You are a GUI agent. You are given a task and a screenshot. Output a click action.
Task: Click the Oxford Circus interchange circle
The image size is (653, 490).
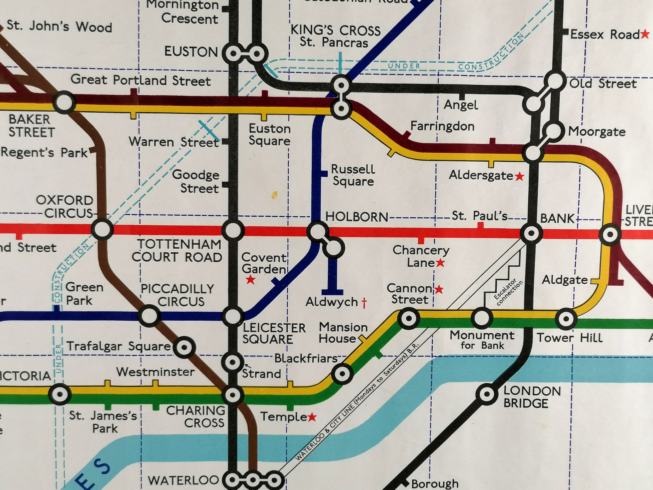(x=102, y=229)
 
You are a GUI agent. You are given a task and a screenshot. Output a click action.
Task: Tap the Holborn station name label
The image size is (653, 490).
(x=357, y=217)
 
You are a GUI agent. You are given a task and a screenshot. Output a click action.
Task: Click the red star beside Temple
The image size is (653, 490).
(x=312, y=417)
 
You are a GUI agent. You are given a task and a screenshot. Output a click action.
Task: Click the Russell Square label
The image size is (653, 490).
(x=353, y=175)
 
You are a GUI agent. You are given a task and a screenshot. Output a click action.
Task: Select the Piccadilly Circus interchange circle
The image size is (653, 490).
(x=149, y=316)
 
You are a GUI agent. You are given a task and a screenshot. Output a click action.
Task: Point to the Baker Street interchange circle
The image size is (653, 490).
(x=63, y=102)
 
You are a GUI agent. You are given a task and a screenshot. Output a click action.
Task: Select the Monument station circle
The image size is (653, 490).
(x=481, y=318)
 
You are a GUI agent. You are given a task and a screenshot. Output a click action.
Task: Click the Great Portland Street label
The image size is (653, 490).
(x=141, y=80)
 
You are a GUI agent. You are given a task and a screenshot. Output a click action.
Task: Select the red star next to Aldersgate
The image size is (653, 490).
(x=519, y=177)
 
